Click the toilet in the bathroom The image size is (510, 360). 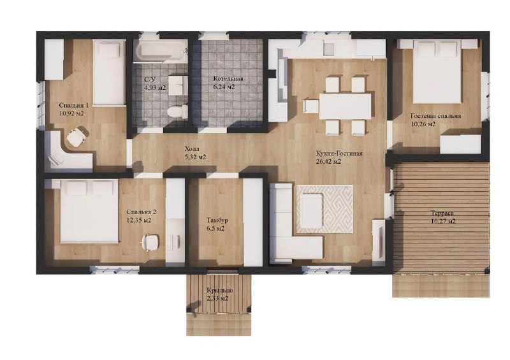pos(177,112)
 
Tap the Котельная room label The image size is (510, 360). pos(228,79)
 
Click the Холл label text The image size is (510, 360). pos(192,149)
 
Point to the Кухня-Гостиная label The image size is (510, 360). pos(339,154)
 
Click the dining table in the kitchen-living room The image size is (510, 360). pos(345,106)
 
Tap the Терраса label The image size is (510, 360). pos(442,213)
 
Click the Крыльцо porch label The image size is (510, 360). pos(219,291)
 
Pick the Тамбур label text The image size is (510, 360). pos(217,220)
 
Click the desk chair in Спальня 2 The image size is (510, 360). pos(150,242)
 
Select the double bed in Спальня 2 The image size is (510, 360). pos(90,212)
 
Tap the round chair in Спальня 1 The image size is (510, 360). pos(77,136)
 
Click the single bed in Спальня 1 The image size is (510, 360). pos(109,72)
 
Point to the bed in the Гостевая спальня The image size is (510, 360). pos(438,71)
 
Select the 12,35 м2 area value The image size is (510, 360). pos(139,220)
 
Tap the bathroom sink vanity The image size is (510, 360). pos(178,85)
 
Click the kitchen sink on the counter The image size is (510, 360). pos(329,49)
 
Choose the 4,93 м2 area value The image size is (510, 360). pos(156,87)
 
